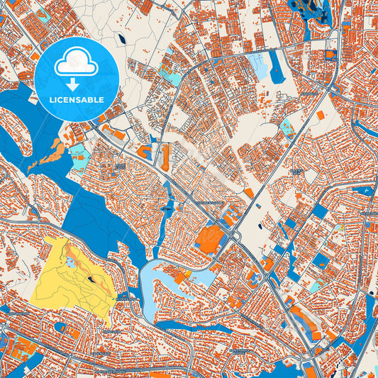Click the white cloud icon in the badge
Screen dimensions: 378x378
76,62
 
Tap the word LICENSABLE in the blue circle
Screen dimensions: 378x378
76,99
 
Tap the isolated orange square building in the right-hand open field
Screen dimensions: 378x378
321,115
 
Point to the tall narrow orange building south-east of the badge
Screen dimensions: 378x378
165,157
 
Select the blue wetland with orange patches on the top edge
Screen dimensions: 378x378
313,10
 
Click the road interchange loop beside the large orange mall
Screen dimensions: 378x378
234,236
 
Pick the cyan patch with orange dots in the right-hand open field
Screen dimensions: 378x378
287,128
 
